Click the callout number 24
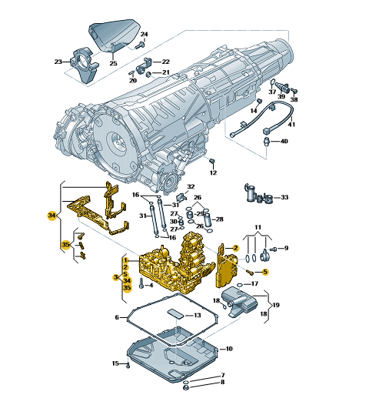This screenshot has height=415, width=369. pyautogui.click(x=144, y=35)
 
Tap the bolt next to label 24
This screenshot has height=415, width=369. pyautogui.click(x=140, y=45)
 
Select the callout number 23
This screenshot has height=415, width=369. pyautogui.click(x=58, y=62)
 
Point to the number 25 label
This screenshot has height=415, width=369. pyautogui.click(x=113, y=63)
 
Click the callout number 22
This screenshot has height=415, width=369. pyautogui.click(x=165, y=62)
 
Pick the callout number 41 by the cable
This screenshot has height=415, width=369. pyautogui.click(x=291, y=124)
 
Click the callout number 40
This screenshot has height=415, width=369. pyautogui.click(x=284, y=142)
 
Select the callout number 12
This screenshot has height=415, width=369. pyautogui.click(x=213, y=172)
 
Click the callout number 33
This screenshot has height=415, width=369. pyautogui.click(x=284, y=197)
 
